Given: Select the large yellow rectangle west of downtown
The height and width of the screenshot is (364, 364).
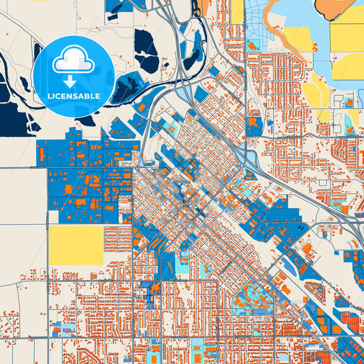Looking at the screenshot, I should click(75, 244).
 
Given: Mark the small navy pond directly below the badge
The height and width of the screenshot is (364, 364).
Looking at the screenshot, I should click(85, 122).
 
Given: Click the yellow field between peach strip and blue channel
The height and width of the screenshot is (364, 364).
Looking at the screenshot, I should click(296, 38).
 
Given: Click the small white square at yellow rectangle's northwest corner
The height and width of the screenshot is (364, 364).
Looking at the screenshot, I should click(52, 218).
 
